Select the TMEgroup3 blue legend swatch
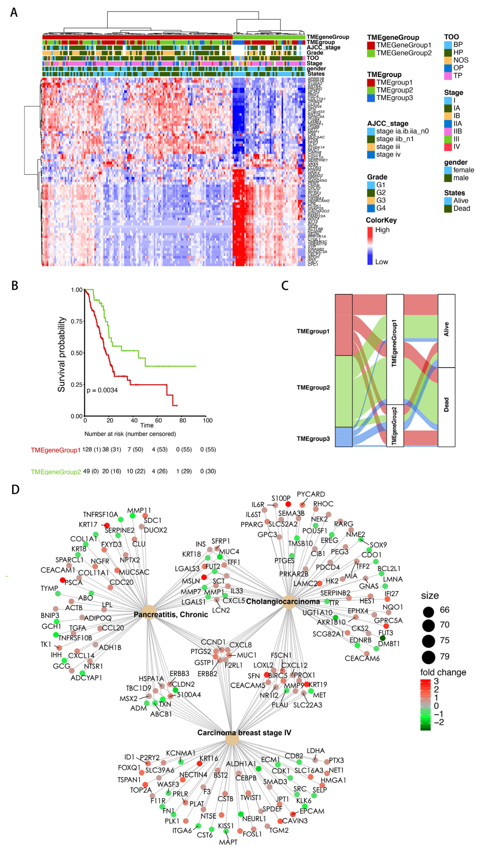(x=371, y=98)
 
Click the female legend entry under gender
(x=463, y=170)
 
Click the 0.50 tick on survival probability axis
(x=77, y=353)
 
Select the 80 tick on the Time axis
(x=183, y=420)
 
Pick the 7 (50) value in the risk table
(x=135, y=449)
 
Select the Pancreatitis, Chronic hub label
(x=171, y=615)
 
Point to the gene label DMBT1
(x=389, y=644)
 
